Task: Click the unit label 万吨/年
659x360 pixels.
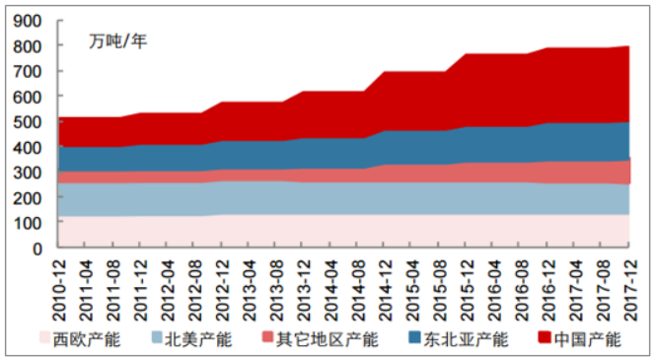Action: click(x=116, y=41)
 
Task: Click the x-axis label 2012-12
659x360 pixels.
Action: click(x=224, y=285)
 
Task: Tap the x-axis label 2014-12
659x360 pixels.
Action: click(x=386, y=285)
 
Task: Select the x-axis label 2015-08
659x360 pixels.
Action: click(x=440, y=285)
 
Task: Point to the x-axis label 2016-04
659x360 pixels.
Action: click(x=493, y=285)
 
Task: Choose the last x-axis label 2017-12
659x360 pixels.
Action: click(x=629, y=285)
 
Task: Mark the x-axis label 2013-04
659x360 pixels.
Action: click(x=251, y=285)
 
